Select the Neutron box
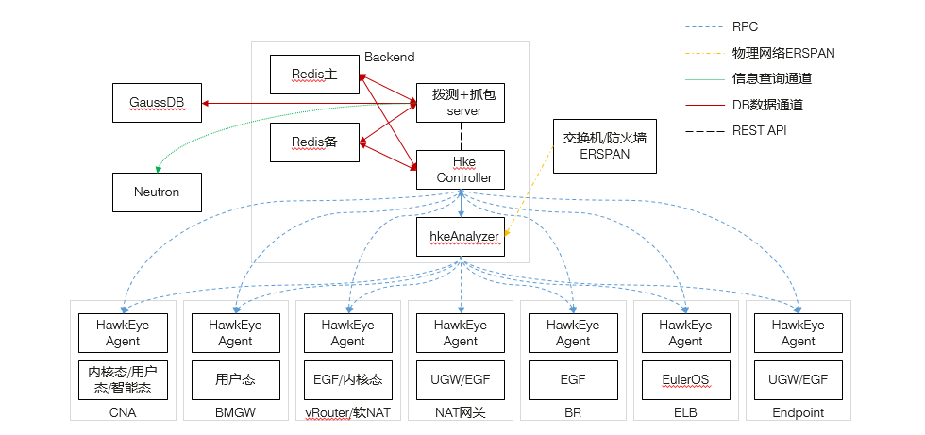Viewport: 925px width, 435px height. [157, 192]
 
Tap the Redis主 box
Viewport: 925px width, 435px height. [314, 75]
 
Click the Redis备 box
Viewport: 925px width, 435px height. [314, 142]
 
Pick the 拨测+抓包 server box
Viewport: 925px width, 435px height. [461, 103]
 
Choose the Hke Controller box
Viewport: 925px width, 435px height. [461, 170]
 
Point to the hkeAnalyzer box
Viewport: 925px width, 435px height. [461, 237]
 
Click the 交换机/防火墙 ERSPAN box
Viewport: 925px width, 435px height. [604, 145]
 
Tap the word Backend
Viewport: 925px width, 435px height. [390, 59]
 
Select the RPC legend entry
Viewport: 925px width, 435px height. [745, 28]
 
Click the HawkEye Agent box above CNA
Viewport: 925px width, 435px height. [123, 333]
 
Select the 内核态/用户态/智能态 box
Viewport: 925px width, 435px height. [123, 379]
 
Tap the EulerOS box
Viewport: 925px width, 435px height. [685, 379]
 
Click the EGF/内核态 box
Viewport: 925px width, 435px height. [348, 379]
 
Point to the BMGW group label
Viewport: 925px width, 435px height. [235, 412]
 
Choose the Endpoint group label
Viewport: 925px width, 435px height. [798, 412]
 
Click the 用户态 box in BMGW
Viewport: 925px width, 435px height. [235, 379]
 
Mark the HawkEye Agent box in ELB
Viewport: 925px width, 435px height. [685, 333]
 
